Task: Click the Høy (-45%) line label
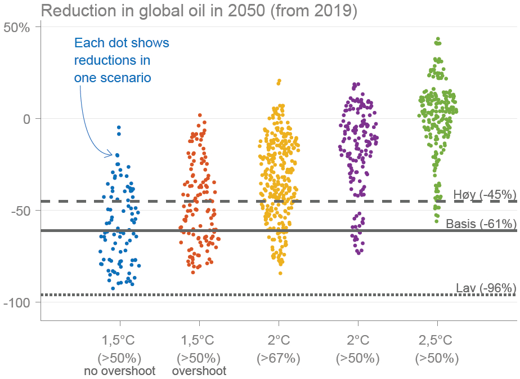485,195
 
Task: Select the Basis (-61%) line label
481,224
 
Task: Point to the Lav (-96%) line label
486,288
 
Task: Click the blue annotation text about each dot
122,60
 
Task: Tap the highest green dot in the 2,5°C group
438,39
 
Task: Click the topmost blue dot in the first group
119,128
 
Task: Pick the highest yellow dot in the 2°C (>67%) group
279,81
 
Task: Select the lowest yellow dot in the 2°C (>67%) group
280,273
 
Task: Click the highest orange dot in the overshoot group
200,115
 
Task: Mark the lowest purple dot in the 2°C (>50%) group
358,252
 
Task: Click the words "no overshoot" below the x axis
119,371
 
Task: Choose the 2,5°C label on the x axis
437,340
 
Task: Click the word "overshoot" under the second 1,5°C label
199,371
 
